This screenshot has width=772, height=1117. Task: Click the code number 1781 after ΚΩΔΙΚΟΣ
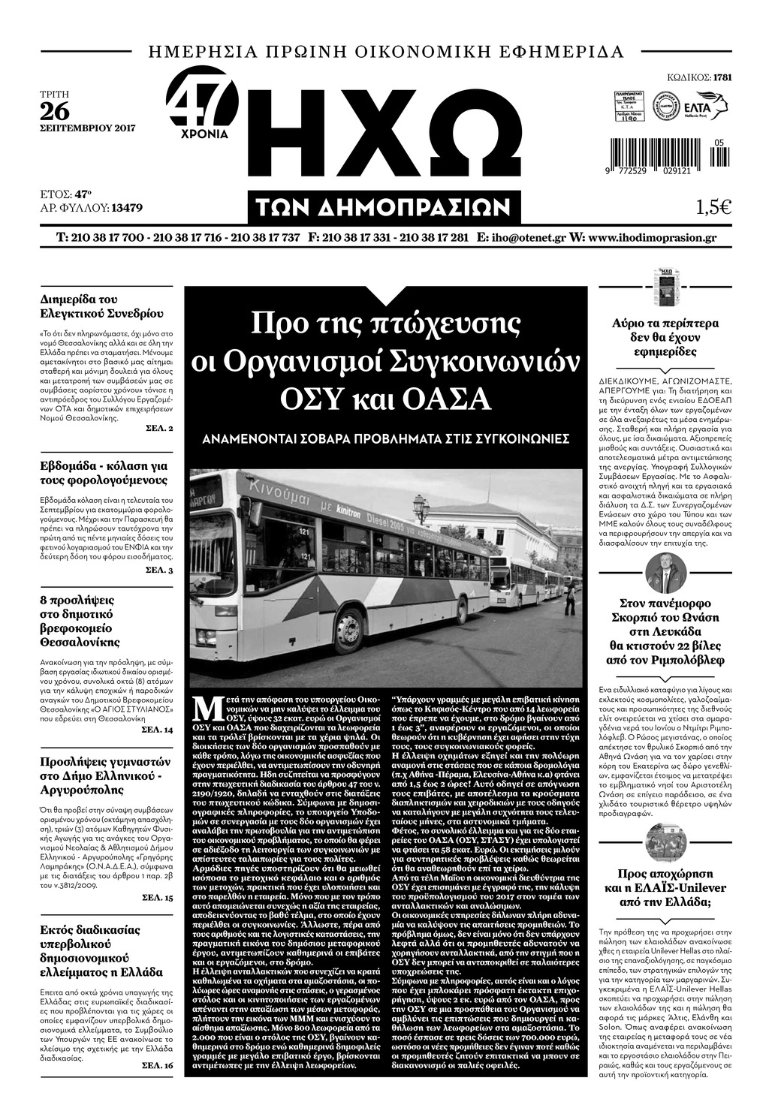pos(722,77)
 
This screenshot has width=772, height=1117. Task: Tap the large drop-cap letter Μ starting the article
pos(201,708)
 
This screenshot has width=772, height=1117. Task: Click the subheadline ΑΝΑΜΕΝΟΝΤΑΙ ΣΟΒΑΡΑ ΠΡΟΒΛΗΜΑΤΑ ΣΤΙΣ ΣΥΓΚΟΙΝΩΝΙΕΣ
pos(386,438)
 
